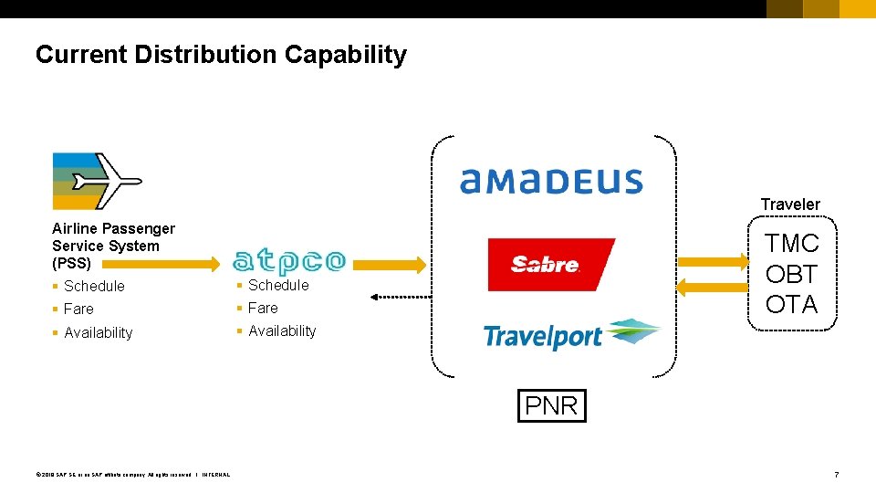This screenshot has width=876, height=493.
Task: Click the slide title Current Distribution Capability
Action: pos(221,55)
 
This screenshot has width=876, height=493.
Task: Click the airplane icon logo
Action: pos(97,181)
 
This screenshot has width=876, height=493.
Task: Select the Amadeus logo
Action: pos(551,181)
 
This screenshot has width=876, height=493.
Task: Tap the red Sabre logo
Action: pos(551,264)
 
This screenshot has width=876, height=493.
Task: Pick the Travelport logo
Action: pos(571,335)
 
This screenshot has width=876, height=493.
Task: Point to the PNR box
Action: pos(551,405)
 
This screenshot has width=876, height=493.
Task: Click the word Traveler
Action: pos(790,205)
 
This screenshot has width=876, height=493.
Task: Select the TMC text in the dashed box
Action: pos(791,244)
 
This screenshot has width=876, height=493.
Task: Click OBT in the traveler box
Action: pos(791,274)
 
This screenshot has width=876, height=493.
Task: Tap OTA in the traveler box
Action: pos(791,304)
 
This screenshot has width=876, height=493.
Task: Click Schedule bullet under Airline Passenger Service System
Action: pos(94,287)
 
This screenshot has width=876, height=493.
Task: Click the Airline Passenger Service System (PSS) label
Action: pos(113,246)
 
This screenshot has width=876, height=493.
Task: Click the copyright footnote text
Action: pos(132,475)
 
